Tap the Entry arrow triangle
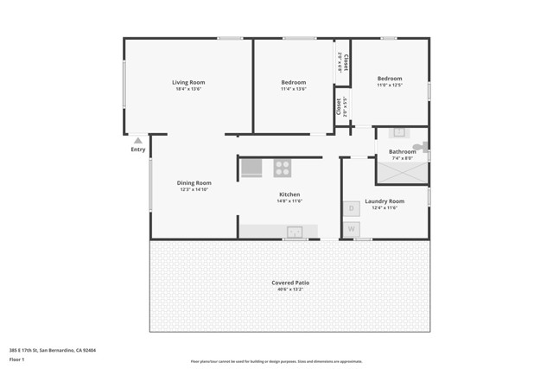pos(138,140)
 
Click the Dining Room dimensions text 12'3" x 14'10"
pos(194,189)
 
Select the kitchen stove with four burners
pos(283,168)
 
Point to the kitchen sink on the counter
pos(296,231)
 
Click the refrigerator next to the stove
pos(251,168)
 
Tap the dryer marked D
pos(352,208)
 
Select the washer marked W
pos(352,229)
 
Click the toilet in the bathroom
pos(420,147)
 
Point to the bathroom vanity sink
pos(399,133)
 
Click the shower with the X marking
pos(402,173)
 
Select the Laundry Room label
pos(385,201)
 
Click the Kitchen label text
pos(289,194)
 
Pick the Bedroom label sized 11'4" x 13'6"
pos(294,82)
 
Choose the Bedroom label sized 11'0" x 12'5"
pos(390,79)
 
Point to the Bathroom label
pos(403,152)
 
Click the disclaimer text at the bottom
pos(276,361)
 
